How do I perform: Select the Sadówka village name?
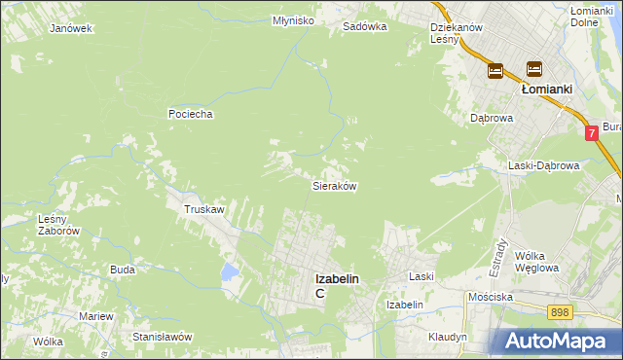(365, 27)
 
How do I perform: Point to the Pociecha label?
(190, 114)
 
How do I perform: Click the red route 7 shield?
(592, 133)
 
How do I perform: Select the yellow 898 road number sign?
(560, 311)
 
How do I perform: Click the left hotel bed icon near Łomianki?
(495, 70)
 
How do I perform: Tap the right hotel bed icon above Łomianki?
(533, 69)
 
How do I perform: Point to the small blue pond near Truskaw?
(229, 270)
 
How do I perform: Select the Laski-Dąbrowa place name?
(544, 166)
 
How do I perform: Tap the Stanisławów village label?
(163, 337)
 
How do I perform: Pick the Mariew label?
(96, 317)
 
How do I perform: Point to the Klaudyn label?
(448, 337)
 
